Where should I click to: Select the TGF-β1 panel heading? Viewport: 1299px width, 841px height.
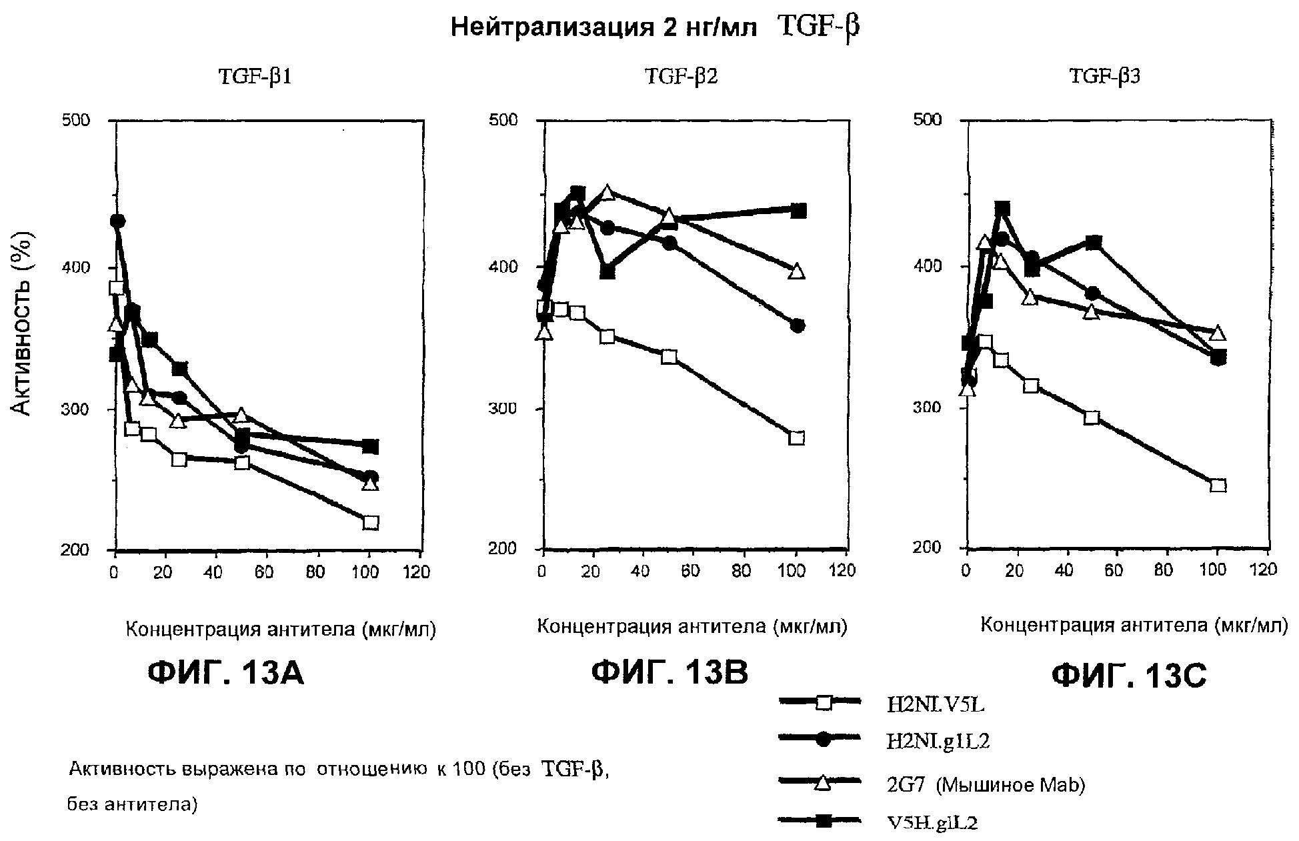(255, 77)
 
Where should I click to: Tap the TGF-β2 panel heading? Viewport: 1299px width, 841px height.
(682, 77)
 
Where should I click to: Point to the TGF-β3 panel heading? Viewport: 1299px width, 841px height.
(1104, 77)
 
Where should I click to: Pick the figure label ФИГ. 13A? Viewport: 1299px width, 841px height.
(225, 674)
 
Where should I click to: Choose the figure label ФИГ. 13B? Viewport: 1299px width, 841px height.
(670, 673)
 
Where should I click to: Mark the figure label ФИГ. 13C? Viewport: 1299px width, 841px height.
(1129, 676)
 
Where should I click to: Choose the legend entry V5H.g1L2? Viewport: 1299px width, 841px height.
(932, 823)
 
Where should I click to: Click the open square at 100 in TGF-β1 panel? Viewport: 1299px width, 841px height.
(371, 522)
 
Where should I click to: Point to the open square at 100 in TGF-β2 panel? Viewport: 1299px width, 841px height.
(796, 438)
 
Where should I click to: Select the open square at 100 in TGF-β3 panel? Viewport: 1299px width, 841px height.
(1218, 485)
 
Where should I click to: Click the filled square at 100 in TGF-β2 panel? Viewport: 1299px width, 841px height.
(798, 211)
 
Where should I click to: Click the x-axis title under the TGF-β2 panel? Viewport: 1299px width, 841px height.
(692, 627)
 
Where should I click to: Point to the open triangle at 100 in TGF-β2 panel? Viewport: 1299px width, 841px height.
(796, 271)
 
